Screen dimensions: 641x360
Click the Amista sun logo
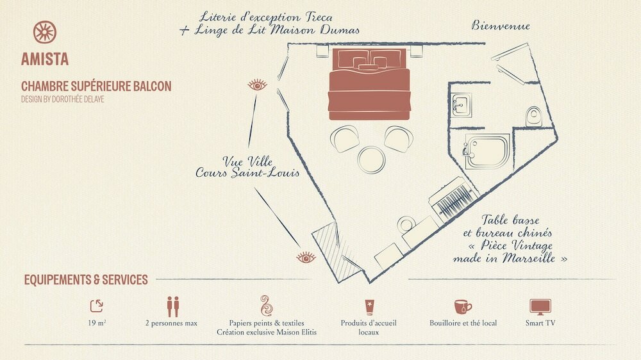45,32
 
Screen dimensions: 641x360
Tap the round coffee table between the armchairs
371,160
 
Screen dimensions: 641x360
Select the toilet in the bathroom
533,116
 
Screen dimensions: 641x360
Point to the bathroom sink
462,104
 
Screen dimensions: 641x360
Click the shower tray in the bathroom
487,152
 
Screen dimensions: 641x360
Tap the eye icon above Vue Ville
257,85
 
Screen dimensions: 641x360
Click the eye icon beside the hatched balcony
306,258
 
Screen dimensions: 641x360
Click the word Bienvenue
501,26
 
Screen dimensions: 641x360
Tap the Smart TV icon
540,307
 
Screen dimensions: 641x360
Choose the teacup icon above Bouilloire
463,306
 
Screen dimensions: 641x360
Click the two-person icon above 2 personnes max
173,306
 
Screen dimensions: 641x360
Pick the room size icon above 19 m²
97,306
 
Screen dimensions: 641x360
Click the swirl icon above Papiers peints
266,306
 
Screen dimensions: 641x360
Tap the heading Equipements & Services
86,280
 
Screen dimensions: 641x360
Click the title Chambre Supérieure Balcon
96,86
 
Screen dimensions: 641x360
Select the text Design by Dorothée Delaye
63,99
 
